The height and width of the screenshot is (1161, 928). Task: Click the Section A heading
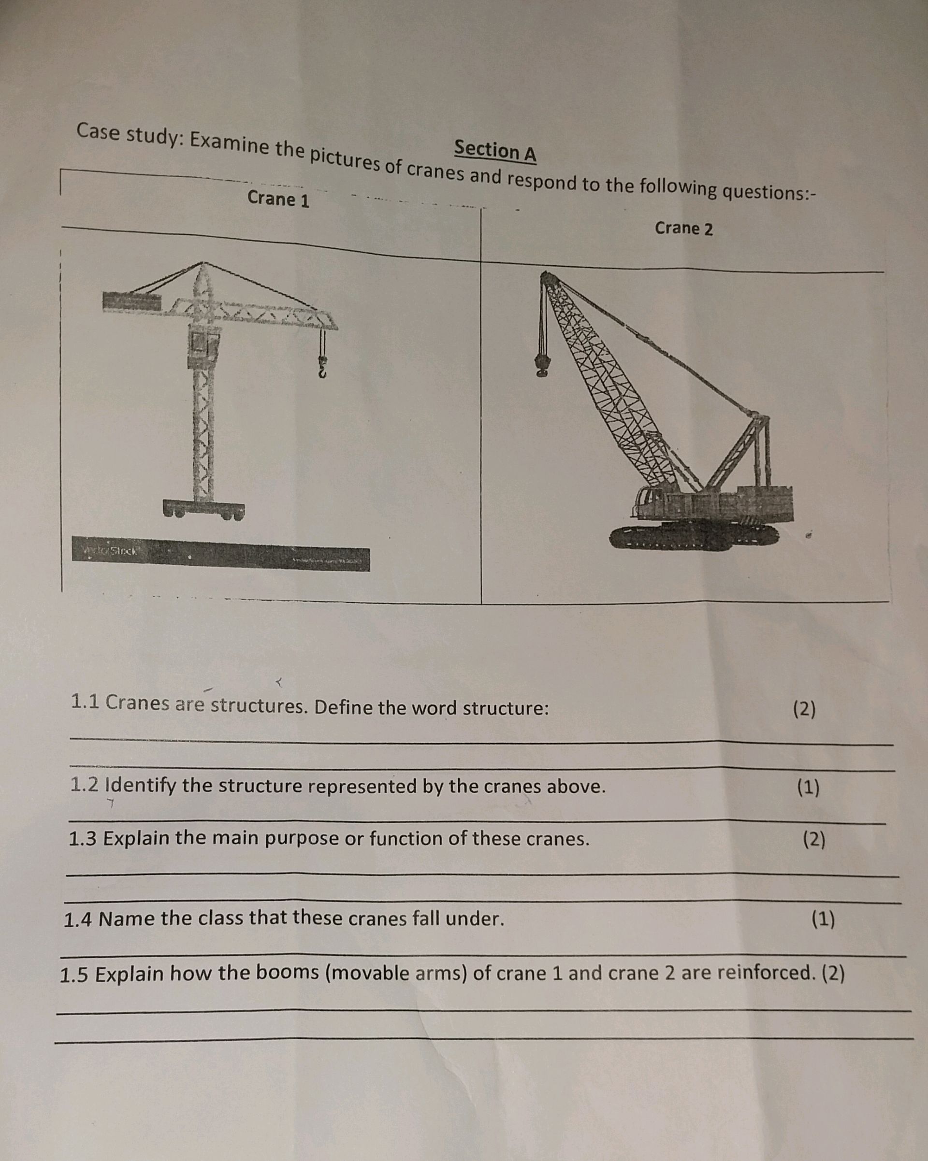495,151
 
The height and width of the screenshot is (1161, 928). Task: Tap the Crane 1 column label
278,199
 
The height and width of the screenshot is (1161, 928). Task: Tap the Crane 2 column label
683,229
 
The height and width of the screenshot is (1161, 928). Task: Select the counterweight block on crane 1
132,301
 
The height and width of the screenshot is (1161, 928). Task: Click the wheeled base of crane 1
204,509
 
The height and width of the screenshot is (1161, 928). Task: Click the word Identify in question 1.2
140,786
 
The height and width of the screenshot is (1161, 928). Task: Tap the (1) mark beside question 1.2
809,787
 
